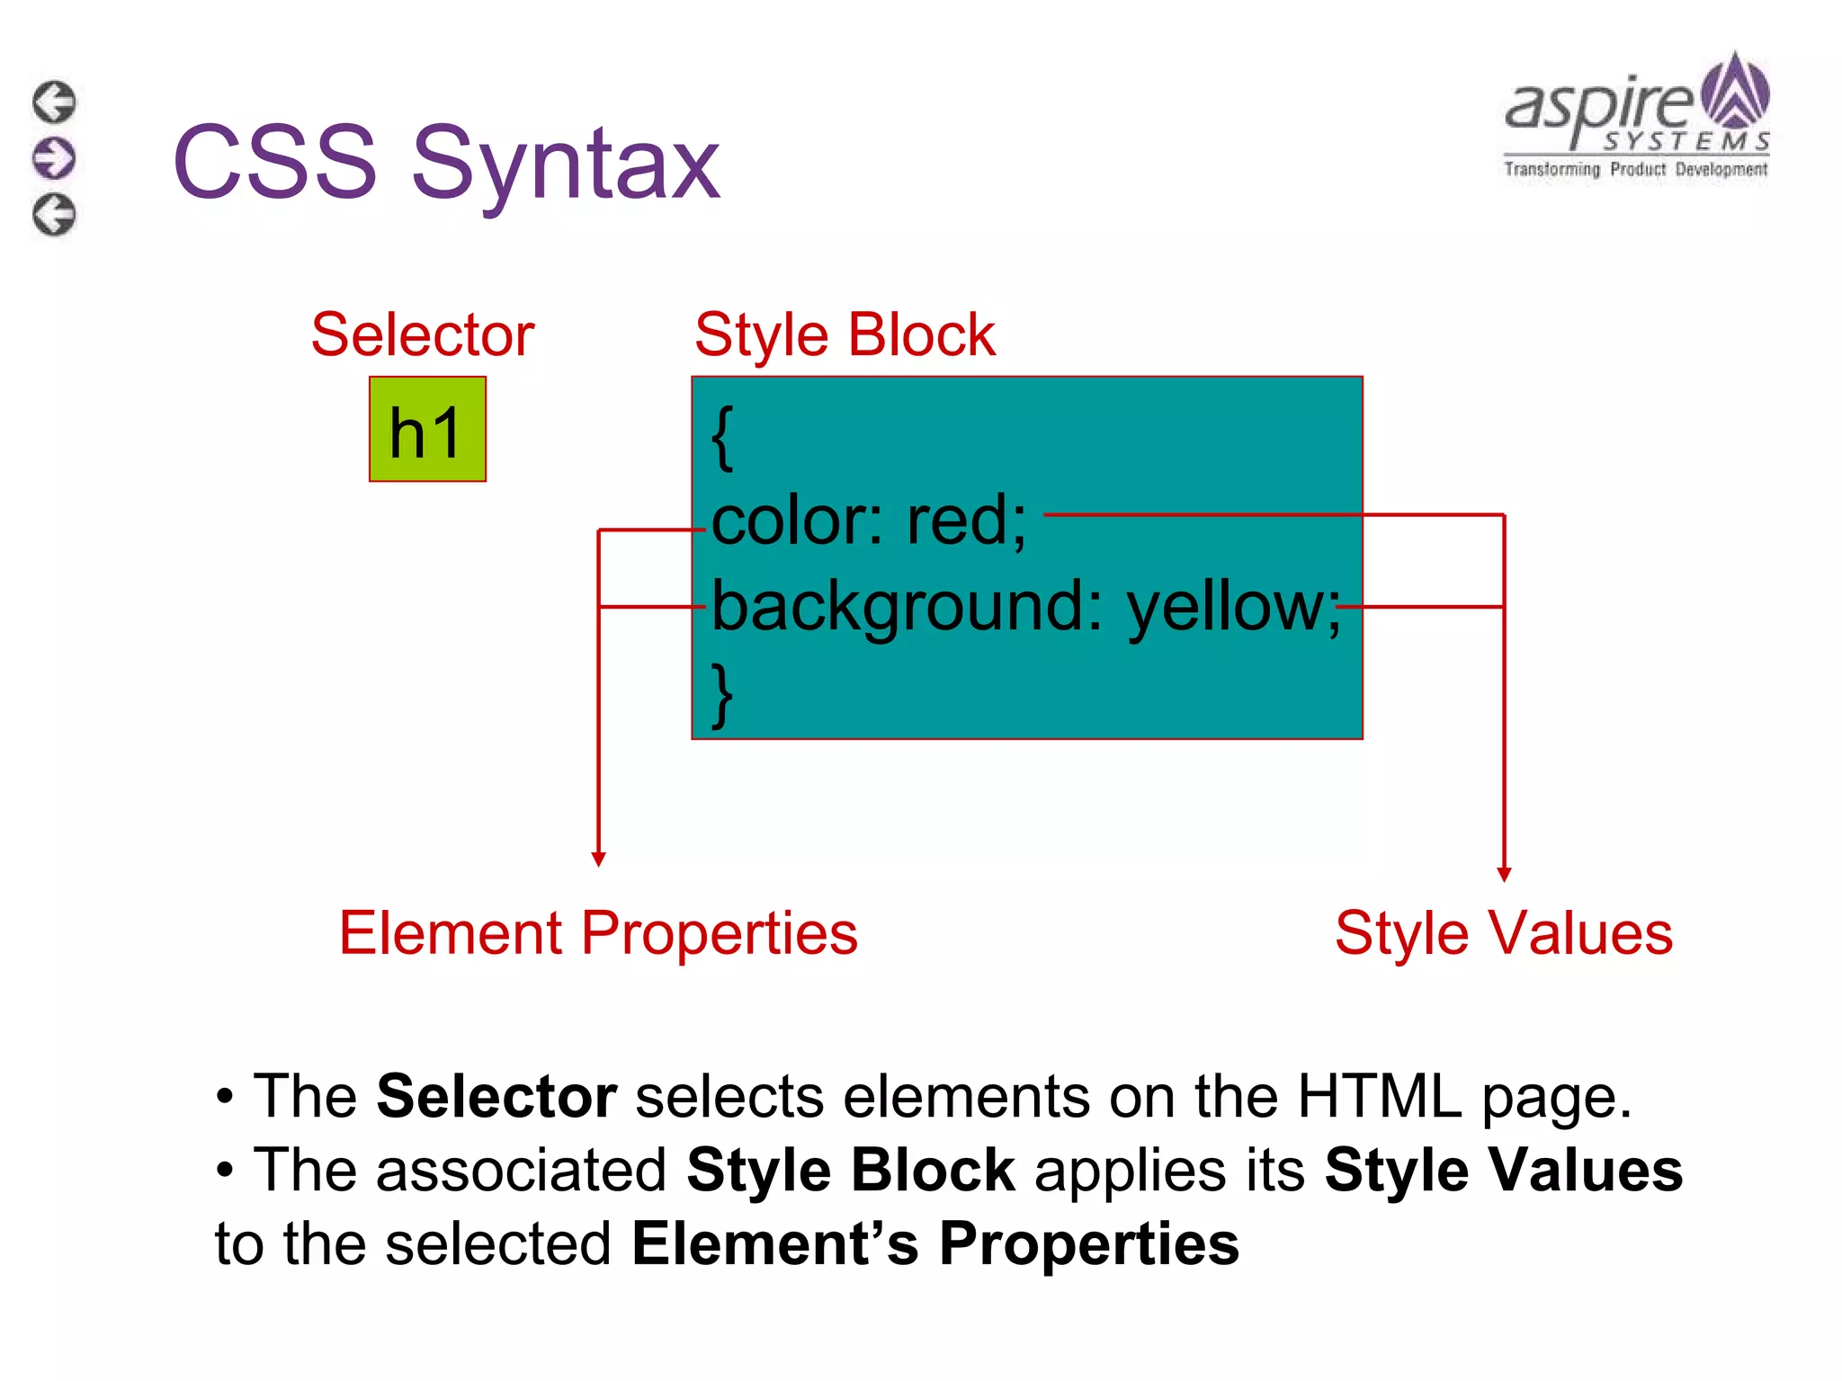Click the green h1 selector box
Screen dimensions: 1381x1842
427,430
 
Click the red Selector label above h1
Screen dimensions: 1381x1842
423,334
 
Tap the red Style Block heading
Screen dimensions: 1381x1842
845,334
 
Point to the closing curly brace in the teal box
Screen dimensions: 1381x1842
722,695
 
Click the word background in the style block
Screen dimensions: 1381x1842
905,608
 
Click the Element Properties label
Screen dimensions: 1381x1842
598,932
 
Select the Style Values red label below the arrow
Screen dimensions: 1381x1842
1503,932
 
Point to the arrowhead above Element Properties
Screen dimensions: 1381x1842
599,860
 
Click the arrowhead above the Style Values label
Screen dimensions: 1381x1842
1504,874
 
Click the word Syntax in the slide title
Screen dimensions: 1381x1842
566,164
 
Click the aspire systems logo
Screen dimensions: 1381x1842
1636,117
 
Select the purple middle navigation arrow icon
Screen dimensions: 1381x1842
55,158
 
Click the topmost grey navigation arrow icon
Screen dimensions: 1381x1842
55,102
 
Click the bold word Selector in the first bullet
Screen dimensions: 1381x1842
496,1096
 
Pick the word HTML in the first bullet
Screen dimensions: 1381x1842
1379,1096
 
